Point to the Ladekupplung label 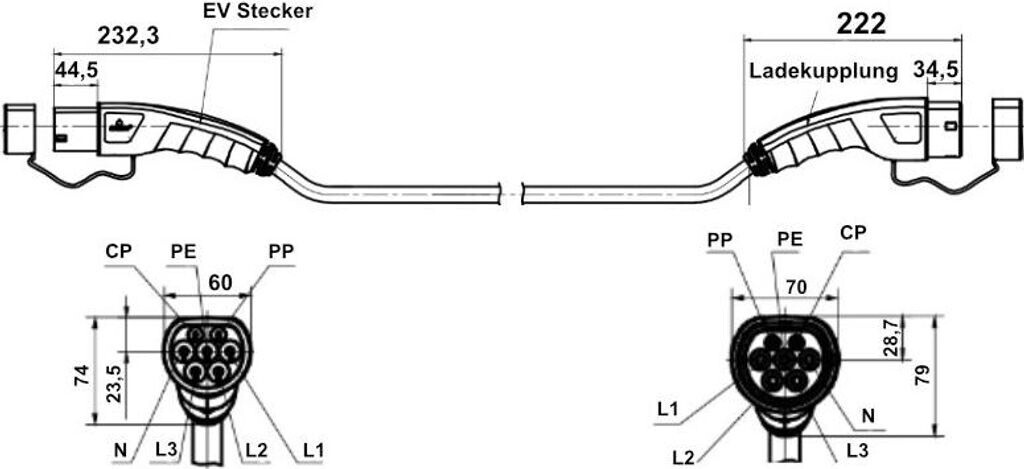[x=821, y=73]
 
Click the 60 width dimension [x=220, y=283]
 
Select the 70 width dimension [x=795, y=287]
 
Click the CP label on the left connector [x=119, y=251]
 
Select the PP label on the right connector [x=721, y=241]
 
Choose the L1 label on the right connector [x=670, y=409]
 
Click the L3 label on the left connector [x=167, y=449]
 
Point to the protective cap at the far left [x=19, y=130]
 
